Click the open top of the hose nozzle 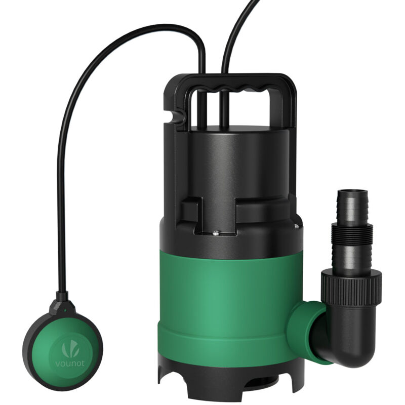(351, 193)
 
